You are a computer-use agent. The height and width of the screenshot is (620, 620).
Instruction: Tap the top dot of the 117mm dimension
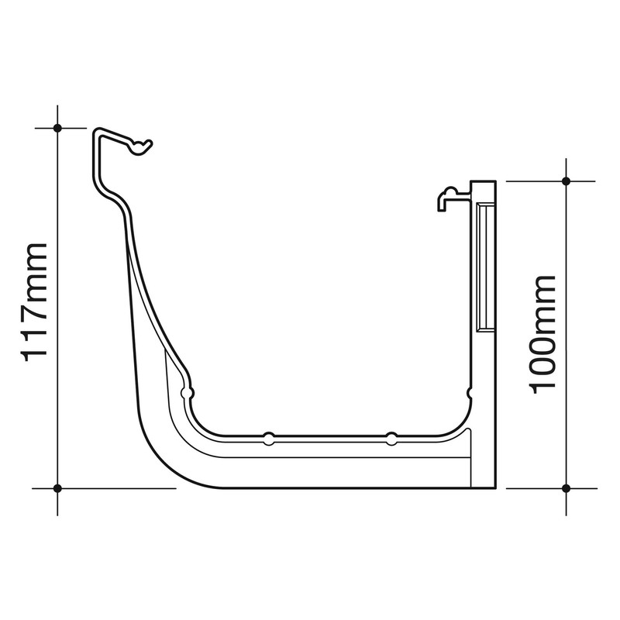(57, 127)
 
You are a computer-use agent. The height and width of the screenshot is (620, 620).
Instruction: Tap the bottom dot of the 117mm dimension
(57, 487)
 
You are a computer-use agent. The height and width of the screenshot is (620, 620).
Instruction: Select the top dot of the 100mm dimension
(566, 181)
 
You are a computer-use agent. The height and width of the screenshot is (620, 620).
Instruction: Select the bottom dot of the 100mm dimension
(566, 487)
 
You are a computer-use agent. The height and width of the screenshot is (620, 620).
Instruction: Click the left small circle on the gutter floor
(267, 438)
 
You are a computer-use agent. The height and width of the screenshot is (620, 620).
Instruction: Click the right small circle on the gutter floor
(391, 438)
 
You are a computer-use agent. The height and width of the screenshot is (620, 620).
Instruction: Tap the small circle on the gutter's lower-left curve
(186, 394)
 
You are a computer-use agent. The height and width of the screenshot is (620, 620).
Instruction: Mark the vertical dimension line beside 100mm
(566, 232)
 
